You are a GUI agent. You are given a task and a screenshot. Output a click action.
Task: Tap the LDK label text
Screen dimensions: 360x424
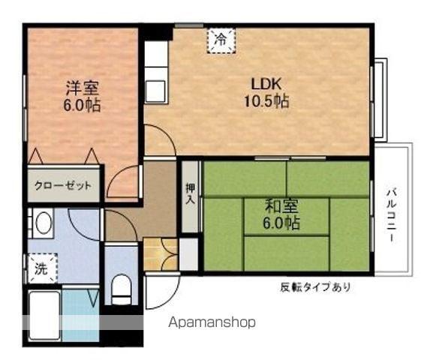(x=265, y=83)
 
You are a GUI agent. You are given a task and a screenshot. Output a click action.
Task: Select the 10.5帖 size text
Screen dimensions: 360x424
(x=266, y=100)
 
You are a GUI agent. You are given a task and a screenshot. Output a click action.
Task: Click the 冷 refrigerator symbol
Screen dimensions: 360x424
(x=220, y=38)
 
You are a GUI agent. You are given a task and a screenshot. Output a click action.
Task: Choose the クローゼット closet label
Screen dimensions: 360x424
(x=64, y=185)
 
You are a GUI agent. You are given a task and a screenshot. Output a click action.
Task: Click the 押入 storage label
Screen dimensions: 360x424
(x=190, y=194)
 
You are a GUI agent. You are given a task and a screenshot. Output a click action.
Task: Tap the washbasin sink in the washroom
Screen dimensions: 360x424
(x=43, y=223)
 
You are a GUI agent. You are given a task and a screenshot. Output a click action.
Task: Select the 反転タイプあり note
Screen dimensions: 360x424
(x=316, y=286)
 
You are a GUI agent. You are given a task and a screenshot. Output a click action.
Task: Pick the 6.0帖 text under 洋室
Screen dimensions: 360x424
(x=81, y=105)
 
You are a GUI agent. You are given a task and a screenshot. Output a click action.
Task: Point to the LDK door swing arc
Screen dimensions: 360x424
(x=160, y=139)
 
